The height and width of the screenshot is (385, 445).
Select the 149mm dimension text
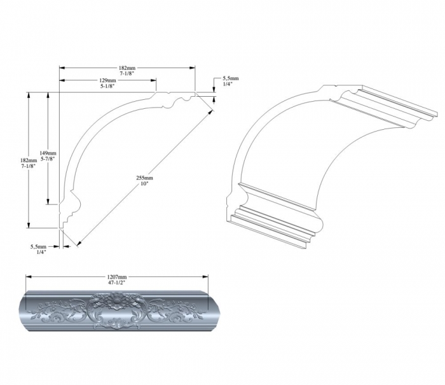tap(48, 153)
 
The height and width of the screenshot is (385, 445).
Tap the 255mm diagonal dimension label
tap(145, 178)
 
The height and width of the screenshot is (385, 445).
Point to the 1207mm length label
tap(116, 277)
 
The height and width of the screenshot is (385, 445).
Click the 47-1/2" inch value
tap(116, 283)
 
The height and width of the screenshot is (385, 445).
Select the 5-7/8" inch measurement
tap(48, 159)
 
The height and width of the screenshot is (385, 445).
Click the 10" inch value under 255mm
tap(145, 184)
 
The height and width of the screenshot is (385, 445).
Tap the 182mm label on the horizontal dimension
tap(127, 68)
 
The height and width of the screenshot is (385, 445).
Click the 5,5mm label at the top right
tap(230, 78)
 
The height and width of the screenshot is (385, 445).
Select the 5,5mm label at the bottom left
tap(38, 247)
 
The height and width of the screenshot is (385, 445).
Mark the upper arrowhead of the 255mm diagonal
tap(210, 112)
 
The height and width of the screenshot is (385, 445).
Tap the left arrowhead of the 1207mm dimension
tap(29, 277)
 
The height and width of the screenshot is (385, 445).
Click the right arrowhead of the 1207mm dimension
tap(205, 277)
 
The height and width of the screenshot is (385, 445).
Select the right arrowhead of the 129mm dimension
tap(154, 80)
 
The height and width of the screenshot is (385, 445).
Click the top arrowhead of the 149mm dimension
tap(48, 95)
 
